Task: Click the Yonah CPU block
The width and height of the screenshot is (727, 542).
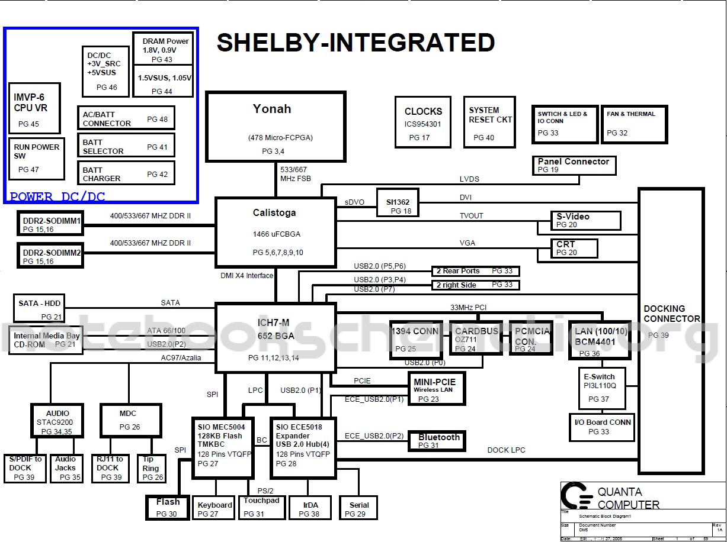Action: pos(276,126)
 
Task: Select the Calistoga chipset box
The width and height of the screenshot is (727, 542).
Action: pos(276,232)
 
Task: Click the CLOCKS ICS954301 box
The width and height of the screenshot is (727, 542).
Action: pos(423,122)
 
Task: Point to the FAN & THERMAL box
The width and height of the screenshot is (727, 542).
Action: pos(634,124)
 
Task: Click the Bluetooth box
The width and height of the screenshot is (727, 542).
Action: pos(437,440)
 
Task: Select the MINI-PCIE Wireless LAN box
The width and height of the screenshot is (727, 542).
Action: pos(436,388)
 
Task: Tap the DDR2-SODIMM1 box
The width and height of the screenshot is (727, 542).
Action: pos(51,224)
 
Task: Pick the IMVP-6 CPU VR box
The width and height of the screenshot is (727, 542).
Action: pos(35,108)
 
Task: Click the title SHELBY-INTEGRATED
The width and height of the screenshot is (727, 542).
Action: pos(356,43)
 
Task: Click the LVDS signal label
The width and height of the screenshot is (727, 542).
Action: pos(469,179)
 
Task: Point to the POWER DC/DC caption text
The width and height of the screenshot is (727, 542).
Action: pos(57,196)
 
